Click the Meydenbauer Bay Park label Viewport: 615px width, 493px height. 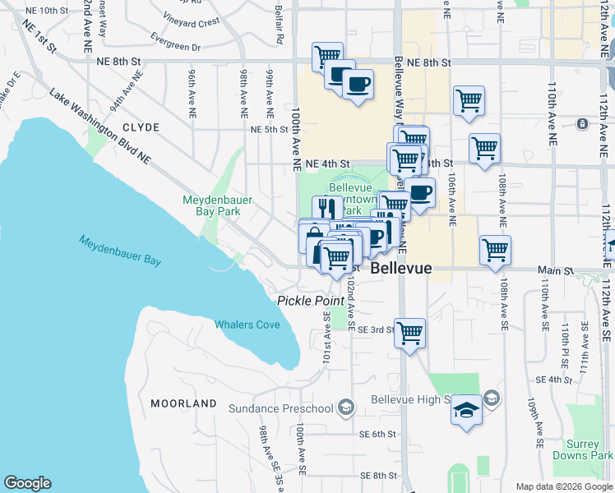pos(218,205)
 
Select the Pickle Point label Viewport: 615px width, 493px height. pos(310,301)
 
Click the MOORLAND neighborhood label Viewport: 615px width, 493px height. pos(183,403)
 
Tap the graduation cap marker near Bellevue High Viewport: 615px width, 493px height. pos(466,410)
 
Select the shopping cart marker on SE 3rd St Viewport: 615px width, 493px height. pos(409,333)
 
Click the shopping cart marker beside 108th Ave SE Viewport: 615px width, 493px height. pos(495,250)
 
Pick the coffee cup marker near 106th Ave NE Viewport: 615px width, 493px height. pos(419,193)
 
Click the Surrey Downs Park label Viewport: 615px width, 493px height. pos(590,449)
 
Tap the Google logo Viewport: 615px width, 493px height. pos(27,483)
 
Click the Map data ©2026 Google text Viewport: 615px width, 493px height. pos(563,486)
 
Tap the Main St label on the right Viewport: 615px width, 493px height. pos(556,270)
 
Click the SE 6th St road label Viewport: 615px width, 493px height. pos(377,434)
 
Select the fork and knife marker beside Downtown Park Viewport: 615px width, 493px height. pos(327,207)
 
